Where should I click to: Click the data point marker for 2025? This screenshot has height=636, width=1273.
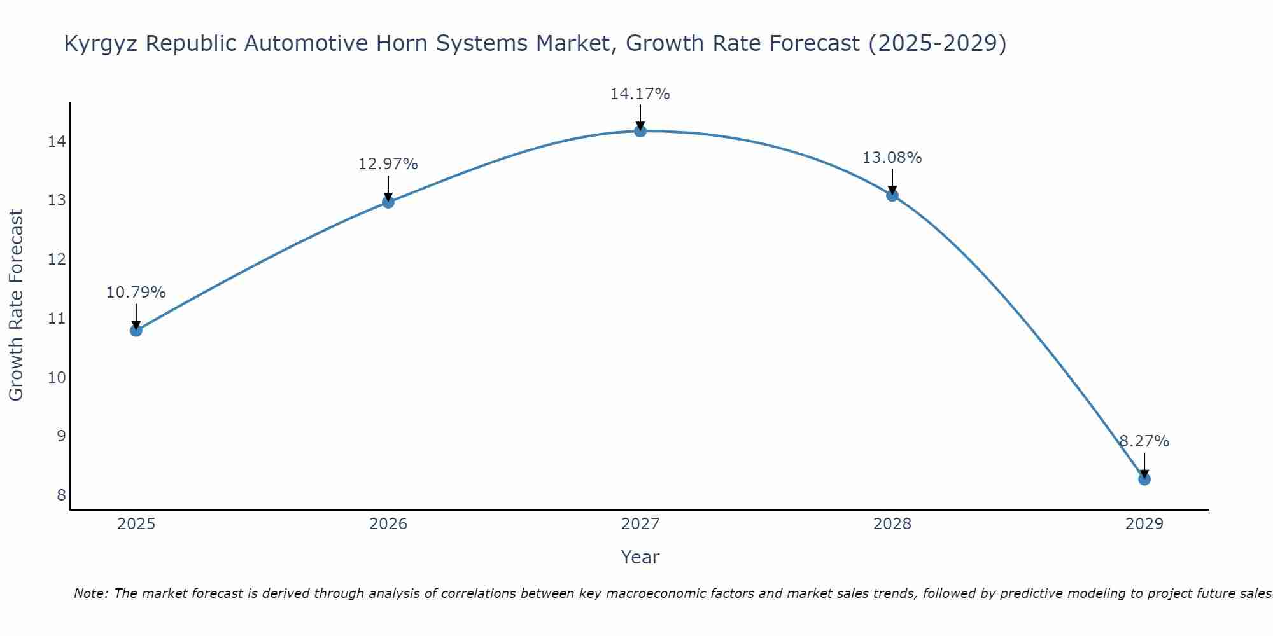click(x=136, y=330)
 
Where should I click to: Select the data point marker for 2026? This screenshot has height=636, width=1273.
click(x=388, y=202)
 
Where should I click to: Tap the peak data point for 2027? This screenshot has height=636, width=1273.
click(x=640, y=131)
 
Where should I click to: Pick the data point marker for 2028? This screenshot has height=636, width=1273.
click(x=892, y=195)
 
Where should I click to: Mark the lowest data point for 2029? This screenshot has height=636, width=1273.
click(x=1144, y=479)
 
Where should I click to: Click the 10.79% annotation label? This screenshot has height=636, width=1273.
click(x=136, y=293)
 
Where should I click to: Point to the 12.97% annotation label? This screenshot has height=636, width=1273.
click(x=388, y=164)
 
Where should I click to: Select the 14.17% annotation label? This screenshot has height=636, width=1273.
click(x=640, y=94)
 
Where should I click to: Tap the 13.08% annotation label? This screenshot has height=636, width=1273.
click(x=892, y=158)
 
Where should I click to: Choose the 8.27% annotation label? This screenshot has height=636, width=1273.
click(x=1144, y=441)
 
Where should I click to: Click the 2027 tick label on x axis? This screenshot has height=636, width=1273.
click(x=640, y=524)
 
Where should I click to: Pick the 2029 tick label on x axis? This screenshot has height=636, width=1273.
click(x=1144, y=524)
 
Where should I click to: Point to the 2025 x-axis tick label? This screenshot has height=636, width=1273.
click(x=136, y=524)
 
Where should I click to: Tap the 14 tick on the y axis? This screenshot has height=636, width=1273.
click(x=57, y=141)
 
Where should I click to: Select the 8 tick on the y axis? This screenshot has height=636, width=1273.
click(x=61, y=495)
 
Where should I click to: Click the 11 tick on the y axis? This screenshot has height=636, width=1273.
click(x=57, y=318)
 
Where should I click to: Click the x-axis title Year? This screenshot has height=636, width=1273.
click(x=640, y=557)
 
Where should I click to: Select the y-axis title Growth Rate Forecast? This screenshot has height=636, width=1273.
click(x=16, y=305)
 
